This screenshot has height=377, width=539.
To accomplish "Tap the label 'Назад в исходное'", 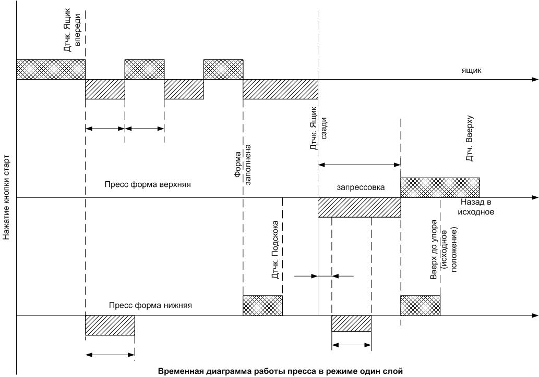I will [477, 207].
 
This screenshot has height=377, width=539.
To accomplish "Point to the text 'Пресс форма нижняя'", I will [151, 306].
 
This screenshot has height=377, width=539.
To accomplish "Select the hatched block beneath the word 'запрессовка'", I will [359, 208].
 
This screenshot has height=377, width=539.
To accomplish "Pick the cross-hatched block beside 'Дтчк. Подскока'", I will [262, 305].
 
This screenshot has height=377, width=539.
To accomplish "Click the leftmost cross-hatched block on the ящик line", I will [51, 69].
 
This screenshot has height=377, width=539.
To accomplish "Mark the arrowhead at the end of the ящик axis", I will [535, 80].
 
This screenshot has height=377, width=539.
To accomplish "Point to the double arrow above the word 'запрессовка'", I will [359, 165].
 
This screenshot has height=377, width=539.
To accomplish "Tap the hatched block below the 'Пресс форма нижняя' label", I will [110, 325].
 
